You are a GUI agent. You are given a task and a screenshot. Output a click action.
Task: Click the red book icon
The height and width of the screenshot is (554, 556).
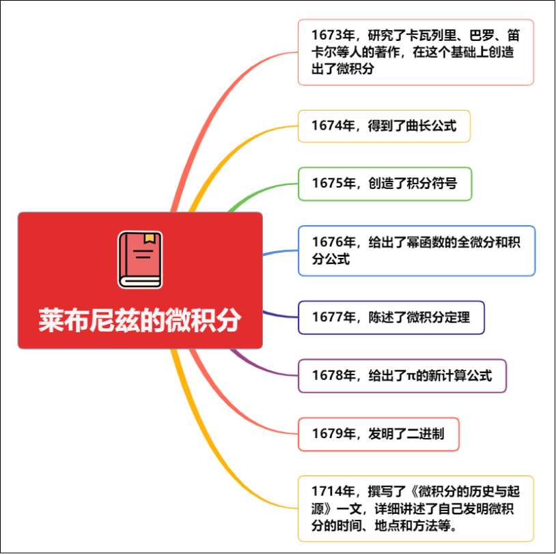click(x=140, y=259)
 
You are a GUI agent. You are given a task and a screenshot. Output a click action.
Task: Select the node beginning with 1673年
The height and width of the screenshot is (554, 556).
click(x=415, y=52)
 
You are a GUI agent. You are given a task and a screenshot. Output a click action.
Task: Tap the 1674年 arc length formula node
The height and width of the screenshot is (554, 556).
click(x=384, y=126)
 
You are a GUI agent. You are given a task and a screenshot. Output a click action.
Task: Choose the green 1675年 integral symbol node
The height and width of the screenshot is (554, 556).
click(x=385, y=184)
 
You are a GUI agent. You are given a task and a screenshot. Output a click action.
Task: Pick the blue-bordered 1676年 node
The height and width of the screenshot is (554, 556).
click(x=416, y=250)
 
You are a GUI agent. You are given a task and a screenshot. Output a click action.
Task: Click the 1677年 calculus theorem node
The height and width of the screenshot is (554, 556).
click(x=391, y=317)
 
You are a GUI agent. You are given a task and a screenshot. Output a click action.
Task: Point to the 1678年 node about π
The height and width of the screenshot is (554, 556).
click(x=402, y=375)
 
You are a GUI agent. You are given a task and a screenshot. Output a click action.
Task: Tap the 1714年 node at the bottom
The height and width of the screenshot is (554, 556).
click(x=415, y=508)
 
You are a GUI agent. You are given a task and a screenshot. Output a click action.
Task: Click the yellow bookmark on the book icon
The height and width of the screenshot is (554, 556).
click(x=149, y=239)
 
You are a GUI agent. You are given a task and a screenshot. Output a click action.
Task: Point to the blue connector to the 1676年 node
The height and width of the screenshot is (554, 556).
click(x=280, y=252)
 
